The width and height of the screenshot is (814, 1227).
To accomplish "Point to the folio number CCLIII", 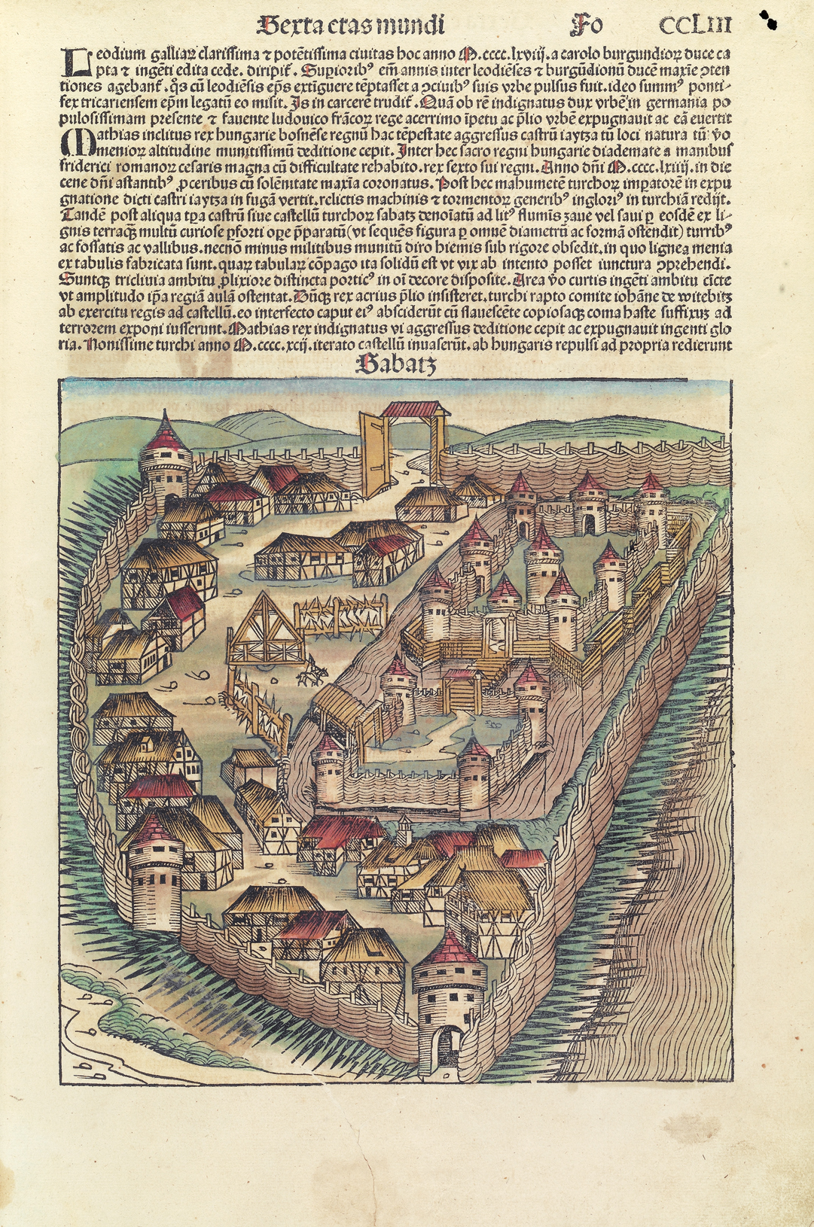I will [x=694, y=26].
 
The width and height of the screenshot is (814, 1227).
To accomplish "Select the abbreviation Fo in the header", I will [x=587, y=26].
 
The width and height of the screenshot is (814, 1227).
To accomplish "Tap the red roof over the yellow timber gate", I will [x=416, y=409].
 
